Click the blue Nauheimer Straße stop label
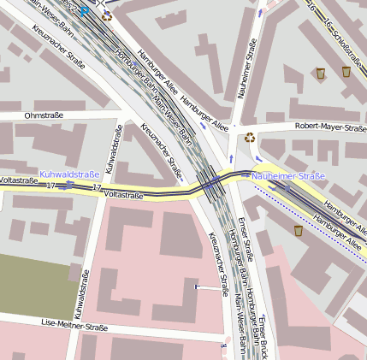tap(288, 176)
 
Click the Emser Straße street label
tap(247, 239)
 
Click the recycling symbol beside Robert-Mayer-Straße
tap(250, 137)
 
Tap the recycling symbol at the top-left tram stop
tap(107, 15)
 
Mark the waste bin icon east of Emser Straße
tap(299, 230)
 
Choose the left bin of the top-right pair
tap(321, 74)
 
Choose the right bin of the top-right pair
tap(346, 72)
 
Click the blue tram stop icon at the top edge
tap(85, 10)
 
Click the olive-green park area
tap(34, 283)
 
